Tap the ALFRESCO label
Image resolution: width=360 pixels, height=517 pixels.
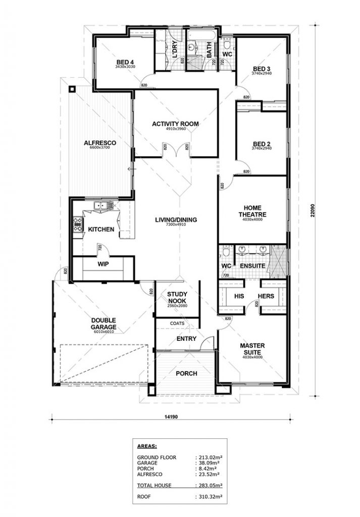(x=100, y=143)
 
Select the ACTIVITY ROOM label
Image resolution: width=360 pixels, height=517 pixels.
(x=176, y=124)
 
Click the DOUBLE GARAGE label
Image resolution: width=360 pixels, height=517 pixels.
(x=104, y=323)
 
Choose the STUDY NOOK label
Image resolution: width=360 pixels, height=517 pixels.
(x=177, y=297)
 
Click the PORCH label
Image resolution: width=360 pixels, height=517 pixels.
(x=186, y=374)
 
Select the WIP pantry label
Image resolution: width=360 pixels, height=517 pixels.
(x=103, y=264)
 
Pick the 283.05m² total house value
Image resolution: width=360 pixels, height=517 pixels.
(x=209, y=485)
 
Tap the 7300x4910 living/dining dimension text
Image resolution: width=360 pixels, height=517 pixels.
(x=176, y=225)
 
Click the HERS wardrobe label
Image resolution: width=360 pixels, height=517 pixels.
(x=266, y=296)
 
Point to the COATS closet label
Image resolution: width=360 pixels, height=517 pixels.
(x=177, y=324)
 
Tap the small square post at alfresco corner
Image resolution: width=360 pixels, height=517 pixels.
(x=72, y=89)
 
